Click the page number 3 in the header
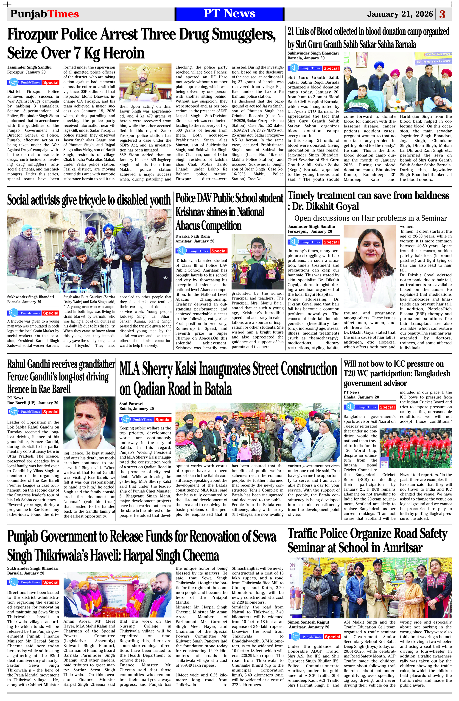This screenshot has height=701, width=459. [442, 14]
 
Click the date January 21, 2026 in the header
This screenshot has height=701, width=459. [400, 14]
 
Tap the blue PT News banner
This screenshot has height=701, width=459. [229, 14]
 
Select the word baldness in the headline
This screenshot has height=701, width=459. [425, 195]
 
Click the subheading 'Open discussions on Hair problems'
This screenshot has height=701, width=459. [370, 218]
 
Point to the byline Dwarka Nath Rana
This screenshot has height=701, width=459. [193, 236]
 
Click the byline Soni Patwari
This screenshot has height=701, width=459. [131, 404]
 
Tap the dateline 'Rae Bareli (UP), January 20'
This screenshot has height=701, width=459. [33, 403]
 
